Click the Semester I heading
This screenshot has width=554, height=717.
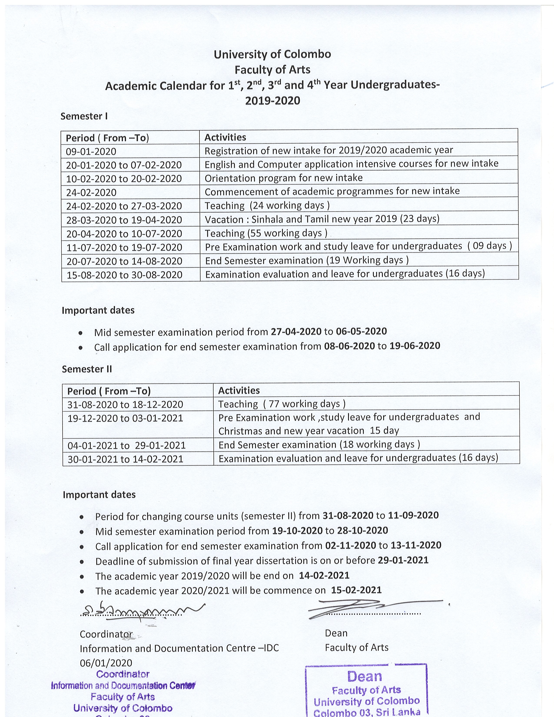pos(84,116)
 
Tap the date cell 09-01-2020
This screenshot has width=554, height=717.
pos(91,151)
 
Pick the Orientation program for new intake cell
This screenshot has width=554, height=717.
pos(284,178)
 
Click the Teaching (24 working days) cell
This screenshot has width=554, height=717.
pos(267,206)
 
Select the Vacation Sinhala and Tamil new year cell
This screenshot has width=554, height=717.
pos(322,219)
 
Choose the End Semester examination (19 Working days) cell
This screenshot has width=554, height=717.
pos(307,260)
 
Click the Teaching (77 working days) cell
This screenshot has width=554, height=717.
pos(282,404)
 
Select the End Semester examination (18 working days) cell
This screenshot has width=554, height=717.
pos(319,445)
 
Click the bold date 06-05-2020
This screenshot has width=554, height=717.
pos(361,331)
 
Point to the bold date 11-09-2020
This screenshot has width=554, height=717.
pos(413,515)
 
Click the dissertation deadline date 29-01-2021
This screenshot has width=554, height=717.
pos(403,560)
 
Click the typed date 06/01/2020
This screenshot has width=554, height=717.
pos(106,663)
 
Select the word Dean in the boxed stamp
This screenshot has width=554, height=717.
pos(364,676)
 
